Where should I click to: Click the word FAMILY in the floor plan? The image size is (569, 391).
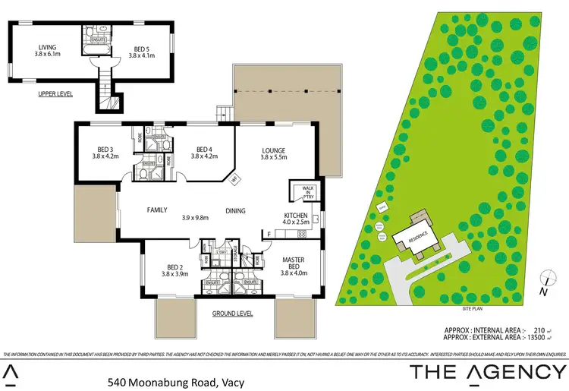(x=158, y=210)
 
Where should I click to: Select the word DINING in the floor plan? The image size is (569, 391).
(x=235, y=210)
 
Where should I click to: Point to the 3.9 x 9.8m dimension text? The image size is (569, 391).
(x=195, y=219)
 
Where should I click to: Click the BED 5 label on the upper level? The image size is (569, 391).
(x=142, y=50)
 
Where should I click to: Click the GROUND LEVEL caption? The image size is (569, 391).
(x=231, y=314)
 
